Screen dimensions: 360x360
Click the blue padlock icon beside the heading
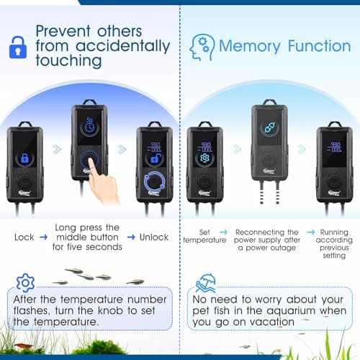(17, 48)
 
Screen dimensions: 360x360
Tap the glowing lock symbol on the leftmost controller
(24, 158)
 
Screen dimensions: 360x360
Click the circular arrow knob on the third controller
(155, 181)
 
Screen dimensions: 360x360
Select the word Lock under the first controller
(24, 237)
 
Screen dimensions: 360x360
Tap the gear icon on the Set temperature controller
(204, 158)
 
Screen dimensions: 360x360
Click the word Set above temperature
(204, 233)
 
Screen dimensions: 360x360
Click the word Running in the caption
(333, 233)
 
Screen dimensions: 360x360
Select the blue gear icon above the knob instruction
(25, 282)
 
